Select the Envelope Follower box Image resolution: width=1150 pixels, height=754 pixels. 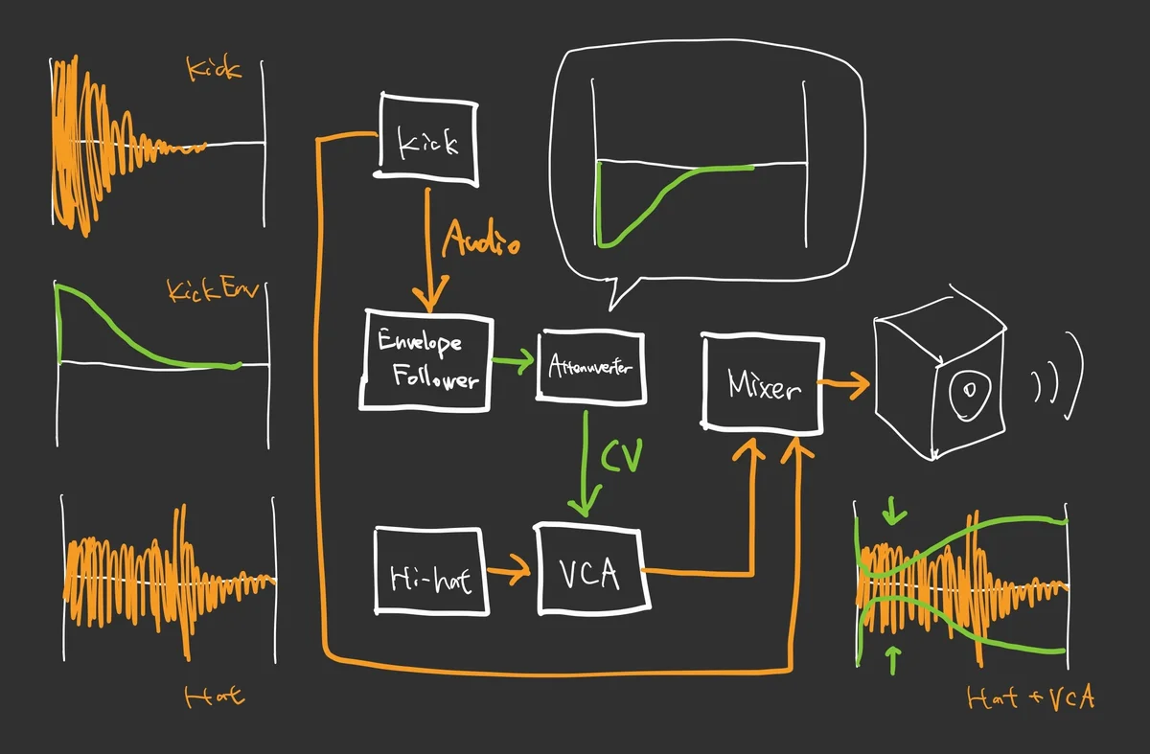426,360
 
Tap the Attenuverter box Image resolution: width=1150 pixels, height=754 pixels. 591,365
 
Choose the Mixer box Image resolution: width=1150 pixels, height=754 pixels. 763,383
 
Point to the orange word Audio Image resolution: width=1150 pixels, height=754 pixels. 481,240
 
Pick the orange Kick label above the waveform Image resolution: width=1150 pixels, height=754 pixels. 214,70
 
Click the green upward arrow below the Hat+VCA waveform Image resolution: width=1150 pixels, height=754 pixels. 894,658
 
